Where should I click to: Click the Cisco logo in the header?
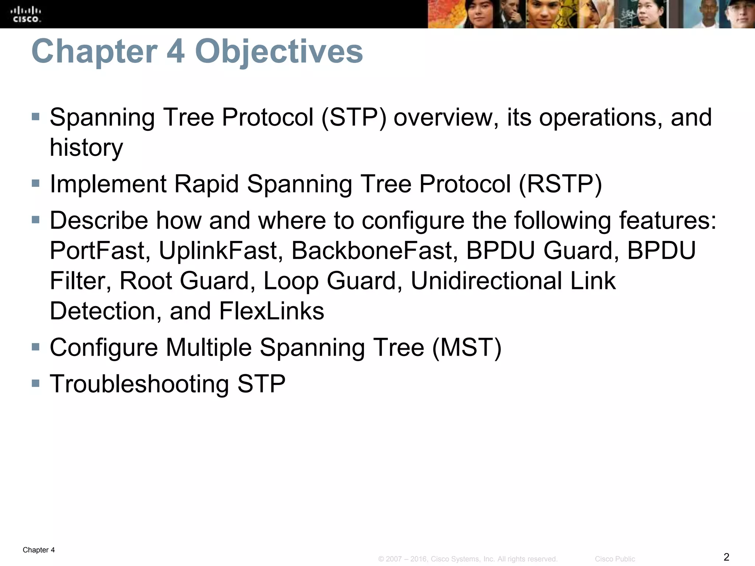click(x=26, y=14)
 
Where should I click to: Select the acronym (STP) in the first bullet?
click(x=354, y=118)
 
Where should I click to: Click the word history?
click(x=86, y=148)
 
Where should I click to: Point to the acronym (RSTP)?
click(x=560, y=184)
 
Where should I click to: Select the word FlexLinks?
click(x=271, y=311)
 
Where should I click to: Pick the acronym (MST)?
click(x=466, y=347)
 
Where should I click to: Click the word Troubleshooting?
click(x=139, y=384)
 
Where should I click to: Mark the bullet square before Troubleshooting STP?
click(x=35, y=383)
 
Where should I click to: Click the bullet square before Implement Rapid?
click(x=35, y=183)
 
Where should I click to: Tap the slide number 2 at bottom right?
click(x=726, y=557)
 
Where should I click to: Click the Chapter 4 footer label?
click(x=39, y=550)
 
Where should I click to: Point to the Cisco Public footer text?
click(x=615, y=559)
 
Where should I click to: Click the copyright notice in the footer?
click(x=467, y=559)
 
